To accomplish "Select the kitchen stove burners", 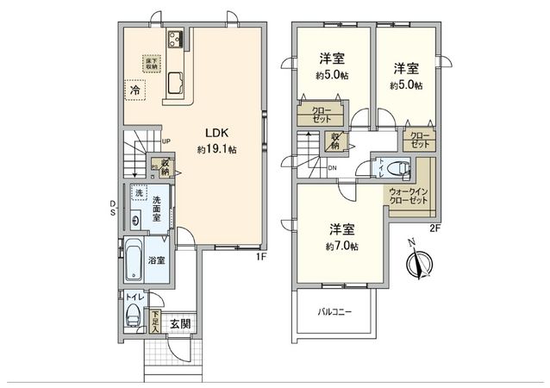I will tap(177, 38).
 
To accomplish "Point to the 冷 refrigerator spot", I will tap(135, 89).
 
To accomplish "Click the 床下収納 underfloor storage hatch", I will tap(152, 61).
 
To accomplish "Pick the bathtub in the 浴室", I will tap(134, 261).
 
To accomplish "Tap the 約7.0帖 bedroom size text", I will tap(342, 246).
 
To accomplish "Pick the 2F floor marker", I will tap(434, 228).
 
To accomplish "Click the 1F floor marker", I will tap(259, 255).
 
